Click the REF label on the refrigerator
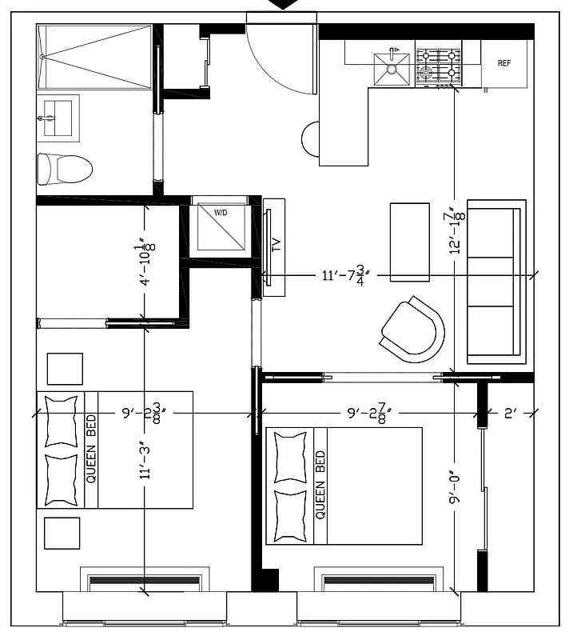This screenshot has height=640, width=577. pyautogui.click(x=504, y=63)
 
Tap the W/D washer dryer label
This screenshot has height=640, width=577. pyautogui.click(x=220, y=213)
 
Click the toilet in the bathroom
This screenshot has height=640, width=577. pyautogui.click(x=65, y=168)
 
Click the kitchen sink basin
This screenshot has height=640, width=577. pyautogui.click(x=392, y=70)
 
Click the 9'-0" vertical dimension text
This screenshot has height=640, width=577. pyautogui.click(x=456, y=489)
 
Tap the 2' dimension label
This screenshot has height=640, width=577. pyautogui.click(x=511, y=414)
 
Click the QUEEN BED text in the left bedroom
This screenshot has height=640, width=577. pyautogui.click(x=91, y=450)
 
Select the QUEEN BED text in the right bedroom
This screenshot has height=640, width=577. pyautogui.click(x=320, y=485)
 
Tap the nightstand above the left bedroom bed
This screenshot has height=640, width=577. pyautogui.click(x=65, y=369)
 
